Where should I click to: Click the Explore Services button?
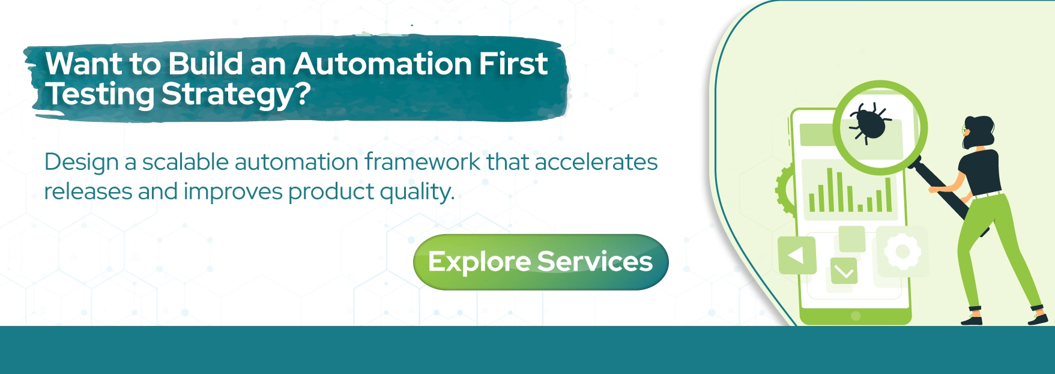pos(540,262)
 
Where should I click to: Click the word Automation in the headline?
pos(382,64)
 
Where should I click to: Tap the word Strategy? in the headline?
pos(236,95)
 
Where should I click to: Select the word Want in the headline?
pos(83,64)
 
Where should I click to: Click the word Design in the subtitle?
pos(81,163)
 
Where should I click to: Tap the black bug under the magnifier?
pos(869,122)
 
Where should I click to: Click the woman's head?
pos(977,131)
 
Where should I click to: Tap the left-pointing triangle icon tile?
pos(797,256)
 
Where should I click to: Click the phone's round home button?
pos(856,316)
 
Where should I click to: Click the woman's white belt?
pos(987,194)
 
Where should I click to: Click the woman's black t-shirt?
pos(980,171)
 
